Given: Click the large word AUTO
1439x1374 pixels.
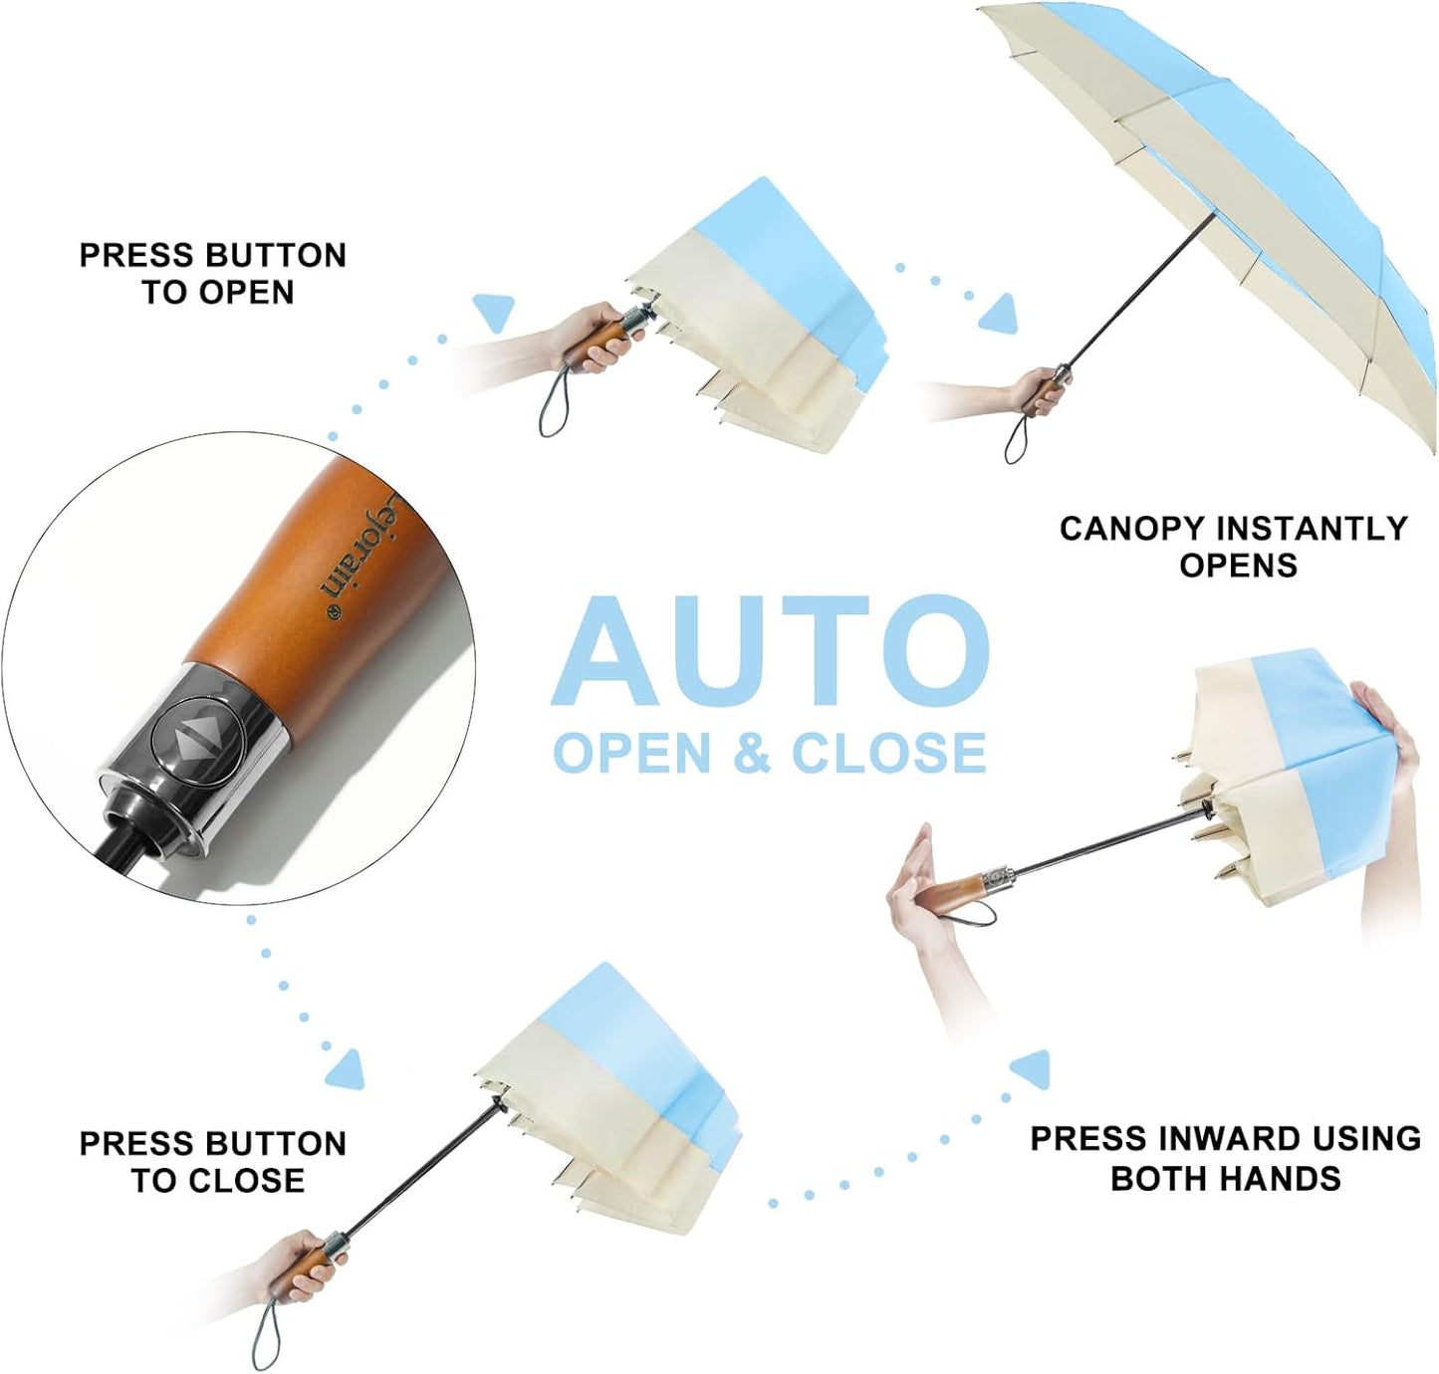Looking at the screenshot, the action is tap(770, 651).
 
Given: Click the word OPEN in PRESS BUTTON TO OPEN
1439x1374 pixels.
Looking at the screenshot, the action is tap(246, 292).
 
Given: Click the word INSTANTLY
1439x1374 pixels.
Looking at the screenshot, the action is tap(1312, 529).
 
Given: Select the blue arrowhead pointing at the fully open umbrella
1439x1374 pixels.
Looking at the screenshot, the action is tap(1000, 314).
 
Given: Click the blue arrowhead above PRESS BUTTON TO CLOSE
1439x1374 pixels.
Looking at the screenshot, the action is tap(347, 1069).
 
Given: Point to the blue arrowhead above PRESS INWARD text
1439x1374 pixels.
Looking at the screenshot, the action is tap(1031, 1069).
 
